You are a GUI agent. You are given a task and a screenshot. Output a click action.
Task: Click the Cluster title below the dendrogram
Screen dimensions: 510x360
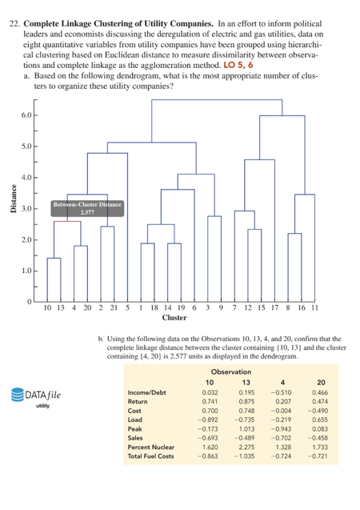point(175,318)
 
